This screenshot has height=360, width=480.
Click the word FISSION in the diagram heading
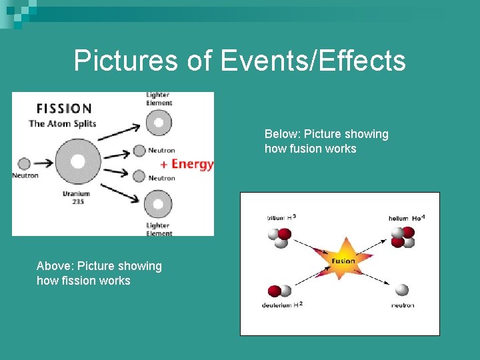[x=63, y=108]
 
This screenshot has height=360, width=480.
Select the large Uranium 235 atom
[x=78, y=161]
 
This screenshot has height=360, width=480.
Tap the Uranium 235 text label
[x=77, y=197]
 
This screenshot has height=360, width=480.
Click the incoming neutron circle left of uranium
[x=24, y=163]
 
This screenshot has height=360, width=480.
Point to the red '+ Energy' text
[x=187, y=164]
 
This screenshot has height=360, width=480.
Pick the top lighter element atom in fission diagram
[x=158, y=122]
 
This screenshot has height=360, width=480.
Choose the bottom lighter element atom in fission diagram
[x=158, y=203]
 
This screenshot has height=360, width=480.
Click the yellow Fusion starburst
[x=343, y=261]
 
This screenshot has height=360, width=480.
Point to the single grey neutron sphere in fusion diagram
[x=401, y=290]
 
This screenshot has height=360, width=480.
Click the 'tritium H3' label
[x=281, y=217]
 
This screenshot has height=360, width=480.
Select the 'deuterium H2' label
[x=283, y=305]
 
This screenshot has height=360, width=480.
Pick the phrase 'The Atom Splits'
[x=62, y=123]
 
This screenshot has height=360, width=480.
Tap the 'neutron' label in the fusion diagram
[x=402, y=305]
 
